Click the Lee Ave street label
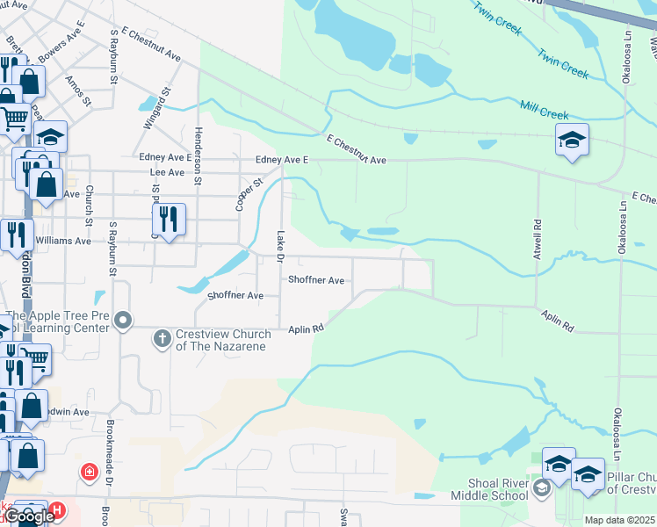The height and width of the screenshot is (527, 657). point(167,173)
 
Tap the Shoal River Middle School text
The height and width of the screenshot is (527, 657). point(487,489)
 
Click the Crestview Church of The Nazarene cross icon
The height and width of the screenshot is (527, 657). point(162,337)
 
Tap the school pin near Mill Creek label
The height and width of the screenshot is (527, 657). point(572,140)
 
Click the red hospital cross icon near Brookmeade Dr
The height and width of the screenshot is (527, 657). point(89,473)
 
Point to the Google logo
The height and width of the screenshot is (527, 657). point(29,516)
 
